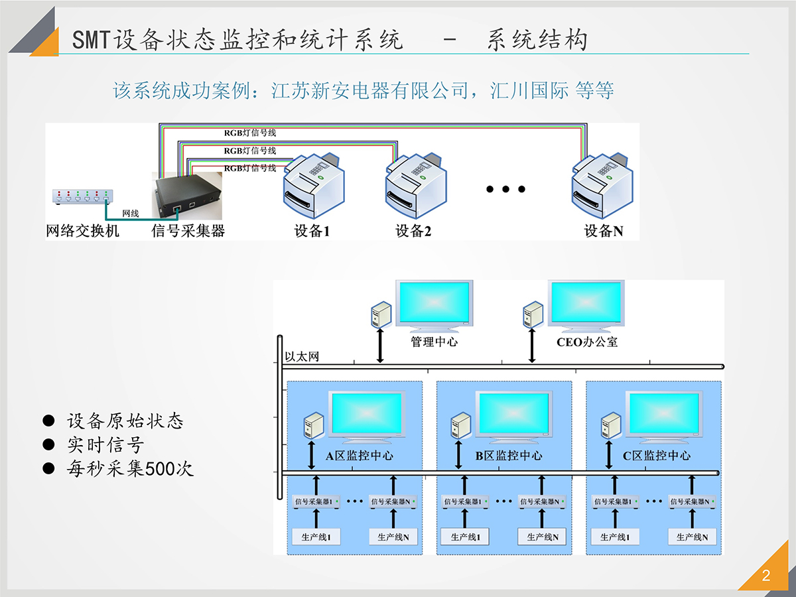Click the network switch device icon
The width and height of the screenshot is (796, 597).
pos(82,197)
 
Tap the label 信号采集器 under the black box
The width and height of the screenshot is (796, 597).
pos(188,231)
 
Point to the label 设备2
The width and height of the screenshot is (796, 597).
pos(413,231)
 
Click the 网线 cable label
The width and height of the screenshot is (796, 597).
pos(131,213)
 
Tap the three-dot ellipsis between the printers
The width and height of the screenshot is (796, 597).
pos(505,189)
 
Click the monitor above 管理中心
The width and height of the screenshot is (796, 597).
pos(434,304)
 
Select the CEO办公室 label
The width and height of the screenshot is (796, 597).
pos(587,342)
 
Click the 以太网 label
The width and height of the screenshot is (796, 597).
pos(302,357)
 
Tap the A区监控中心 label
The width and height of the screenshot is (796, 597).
pos(359,456)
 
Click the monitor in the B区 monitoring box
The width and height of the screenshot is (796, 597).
pos(515,416)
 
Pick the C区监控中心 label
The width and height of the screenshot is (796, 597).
pos(657,456)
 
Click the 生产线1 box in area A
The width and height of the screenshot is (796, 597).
pos(316,537)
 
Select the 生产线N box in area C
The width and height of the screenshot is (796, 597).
pos(692,537)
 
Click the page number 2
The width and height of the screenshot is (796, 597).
pos(766,576)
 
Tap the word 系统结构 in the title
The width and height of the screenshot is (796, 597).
pos(537,40)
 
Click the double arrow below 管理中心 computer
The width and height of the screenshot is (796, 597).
pos(380,344)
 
